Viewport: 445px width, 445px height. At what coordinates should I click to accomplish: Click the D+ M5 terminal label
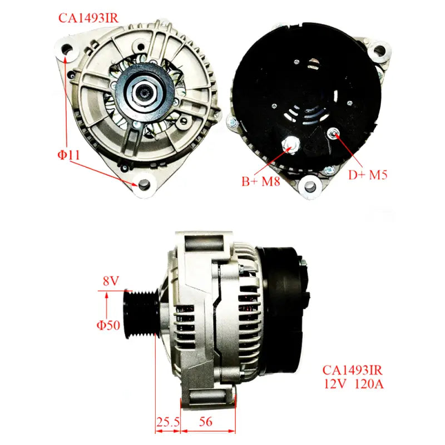pos(368,175)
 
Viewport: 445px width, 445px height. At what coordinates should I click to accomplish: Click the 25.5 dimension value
pos(167,423)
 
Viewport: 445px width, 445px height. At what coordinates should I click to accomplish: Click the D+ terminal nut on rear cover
pos(333,132)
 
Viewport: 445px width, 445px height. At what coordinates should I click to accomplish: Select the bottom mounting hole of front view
pos(145,184)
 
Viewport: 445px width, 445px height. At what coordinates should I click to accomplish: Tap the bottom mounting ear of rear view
pos(308,187)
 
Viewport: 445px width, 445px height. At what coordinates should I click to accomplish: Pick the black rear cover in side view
pos(284,311)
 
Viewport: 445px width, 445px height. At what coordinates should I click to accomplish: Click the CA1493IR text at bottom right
pos(352,369)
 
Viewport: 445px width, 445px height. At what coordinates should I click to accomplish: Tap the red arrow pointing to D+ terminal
pos(348,150)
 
